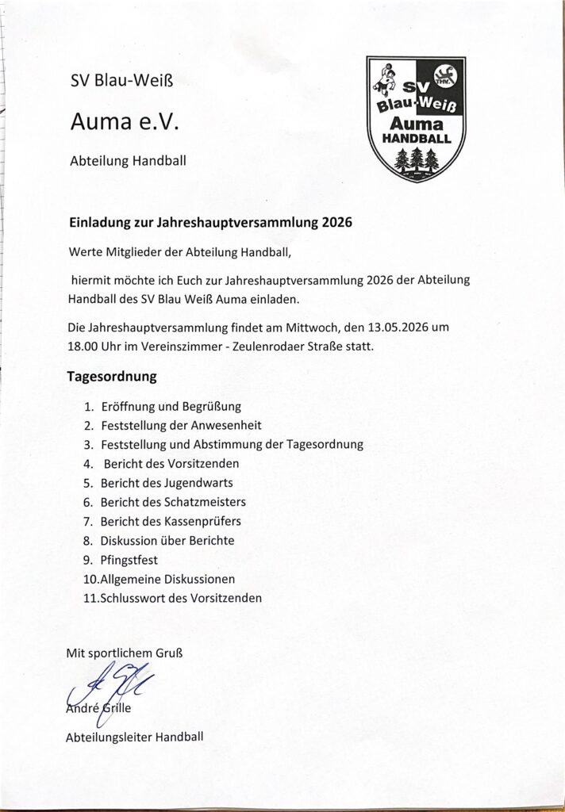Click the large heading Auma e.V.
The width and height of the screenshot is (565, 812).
[126, 121]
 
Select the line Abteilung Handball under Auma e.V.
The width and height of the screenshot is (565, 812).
[129, 160]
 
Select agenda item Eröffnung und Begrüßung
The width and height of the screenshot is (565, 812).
[171, 407]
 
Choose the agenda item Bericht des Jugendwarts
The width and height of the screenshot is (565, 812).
[167, 483]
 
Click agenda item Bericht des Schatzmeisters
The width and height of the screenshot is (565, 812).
[173, 502]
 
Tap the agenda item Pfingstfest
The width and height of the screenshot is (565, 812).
[129, 560]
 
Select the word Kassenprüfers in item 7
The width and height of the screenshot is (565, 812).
[202, 521]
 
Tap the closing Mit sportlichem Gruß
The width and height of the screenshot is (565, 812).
[125, 653]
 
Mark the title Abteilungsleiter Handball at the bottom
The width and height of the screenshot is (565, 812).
[135, 737]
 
